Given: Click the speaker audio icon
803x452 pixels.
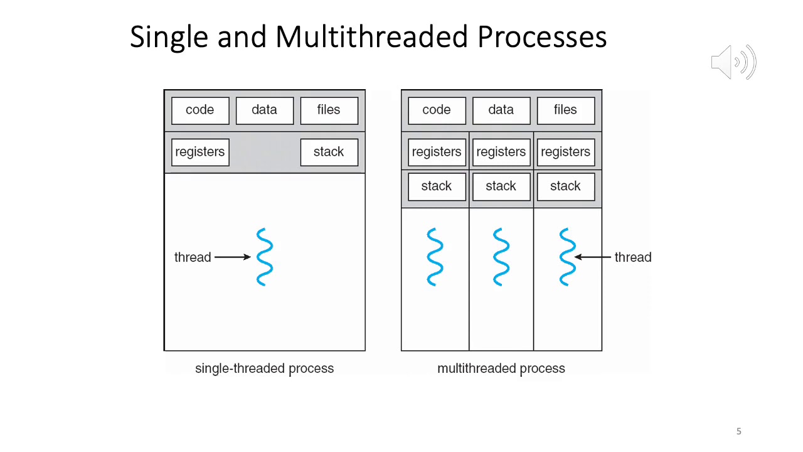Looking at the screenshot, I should point(733,62).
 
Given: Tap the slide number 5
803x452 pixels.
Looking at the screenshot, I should point(738,431).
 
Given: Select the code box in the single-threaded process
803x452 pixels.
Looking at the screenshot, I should point(200,110).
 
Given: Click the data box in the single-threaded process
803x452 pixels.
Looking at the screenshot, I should point(264,110).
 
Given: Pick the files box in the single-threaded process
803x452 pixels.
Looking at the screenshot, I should point(329,110).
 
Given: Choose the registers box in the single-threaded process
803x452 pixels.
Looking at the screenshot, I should point(200,153).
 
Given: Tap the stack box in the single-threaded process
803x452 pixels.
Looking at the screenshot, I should point(329,153).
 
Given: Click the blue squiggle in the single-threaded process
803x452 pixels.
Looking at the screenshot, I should point(265,257).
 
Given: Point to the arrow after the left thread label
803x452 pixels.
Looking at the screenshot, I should point(232,257).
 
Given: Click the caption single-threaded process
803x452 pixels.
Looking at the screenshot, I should point(264,369).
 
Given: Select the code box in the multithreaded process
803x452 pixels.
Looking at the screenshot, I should point(437,110).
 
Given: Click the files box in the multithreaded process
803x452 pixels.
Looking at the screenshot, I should point(565,110).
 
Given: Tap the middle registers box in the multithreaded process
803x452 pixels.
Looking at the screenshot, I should point(501,153).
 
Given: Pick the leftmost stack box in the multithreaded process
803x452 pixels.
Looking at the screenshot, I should point(437,186).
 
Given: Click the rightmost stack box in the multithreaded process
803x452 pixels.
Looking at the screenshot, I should point(565,186).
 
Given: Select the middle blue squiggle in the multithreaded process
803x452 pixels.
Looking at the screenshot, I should point(501,257).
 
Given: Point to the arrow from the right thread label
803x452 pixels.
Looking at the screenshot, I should point(592,257).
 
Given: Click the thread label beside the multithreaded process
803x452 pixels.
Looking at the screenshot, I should point(633,257).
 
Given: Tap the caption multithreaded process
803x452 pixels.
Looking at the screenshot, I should point(501,369).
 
